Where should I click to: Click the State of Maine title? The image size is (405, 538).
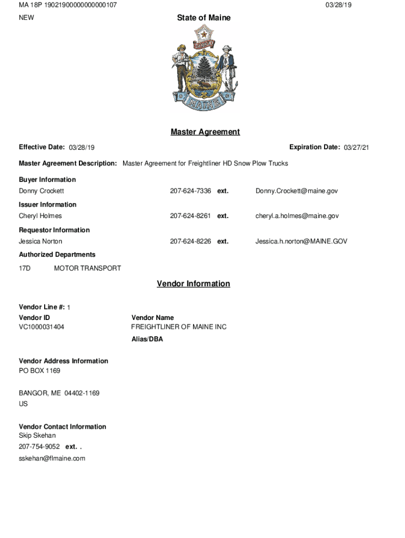[x=204, y=18]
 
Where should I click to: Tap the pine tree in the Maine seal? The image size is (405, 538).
[x=204, y=68]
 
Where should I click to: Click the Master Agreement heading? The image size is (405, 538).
[x=205, y=132]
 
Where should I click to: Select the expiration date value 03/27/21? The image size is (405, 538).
[x=357, y=148]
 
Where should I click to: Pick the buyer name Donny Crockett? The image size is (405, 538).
[x=42, y=191]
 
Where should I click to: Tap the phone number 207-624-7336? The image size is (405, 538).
[x=190, y=191]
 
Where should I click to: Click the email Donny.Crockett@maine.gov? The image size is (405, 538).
[x=297, y=191]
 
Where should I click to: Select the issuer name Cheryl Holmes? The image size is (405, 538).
[x=40, y=216]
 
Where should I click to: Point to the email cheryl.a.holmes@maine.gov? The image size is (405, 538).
[x=297, y=216]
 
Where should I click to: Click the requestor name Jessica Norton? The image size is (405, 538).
[x=40, y=242]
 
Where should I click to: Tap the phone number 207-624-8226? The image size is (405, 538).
[x=190, y=242]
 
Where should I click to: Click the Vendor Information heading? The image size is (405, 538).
[x=194, y=284]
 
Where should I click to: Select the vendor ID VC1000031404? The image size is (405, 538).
[x=42, y=327]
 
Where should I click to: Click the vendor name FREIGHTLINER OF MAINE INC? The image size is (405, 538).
[x=179, y=327]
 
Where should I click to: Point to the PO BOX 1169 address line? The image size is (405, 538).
[x=39, y=371]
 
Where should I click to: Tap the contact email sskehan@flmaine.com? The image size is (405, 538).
[x=52, y=459]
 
